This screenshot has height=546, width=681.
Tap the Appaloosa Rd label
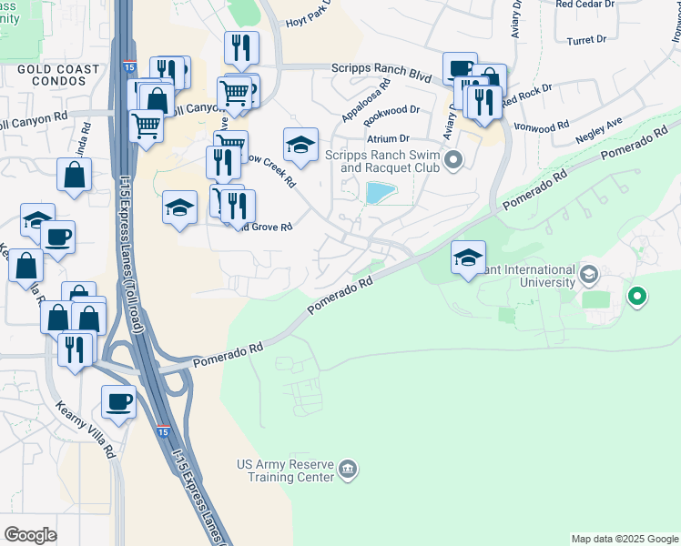point(366,100)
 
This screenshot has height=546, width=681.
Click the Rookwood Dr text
point(391,113)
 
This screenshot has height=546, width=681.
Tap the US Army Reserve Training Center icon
point(347,470)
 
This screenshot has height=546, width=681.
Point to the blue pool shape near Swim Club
point(379,192)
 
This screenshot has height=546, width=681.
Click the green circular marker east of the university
point(637,296)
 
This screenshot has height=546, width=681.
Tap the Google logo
point(30,535)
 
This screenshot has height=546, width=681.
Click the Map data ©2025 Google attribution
point(624,539)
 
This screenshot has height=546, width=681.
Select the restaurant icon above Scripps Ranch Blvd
point(241,48)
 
